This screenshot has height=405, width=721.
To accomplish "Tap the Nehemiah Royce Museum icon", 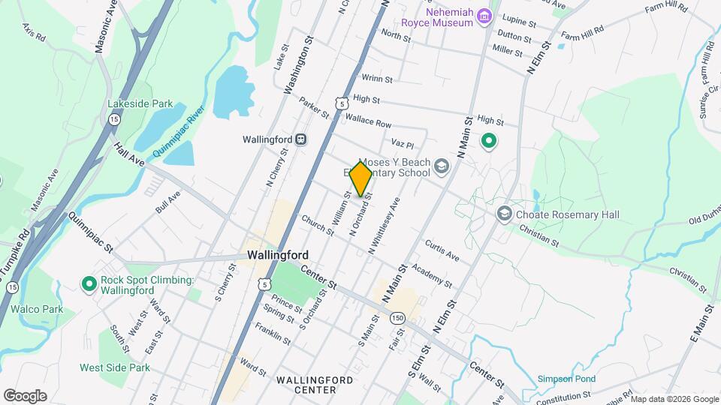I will (485, 16).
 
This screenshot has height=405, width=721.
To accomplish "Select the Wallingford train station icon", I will (300, 139).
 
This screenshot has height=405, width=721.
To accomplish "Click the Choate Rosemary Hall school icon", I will (504, 214).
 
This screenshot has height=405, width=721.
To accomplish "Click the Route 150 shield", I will (397, 318).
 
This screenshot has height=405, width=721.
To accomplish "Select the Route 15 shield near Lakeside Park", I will (114, 119).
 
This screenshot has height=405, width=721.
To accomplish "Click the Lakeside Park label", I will (140, 103).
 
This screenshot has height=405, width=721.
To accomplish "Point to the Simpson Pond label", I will (565, 379).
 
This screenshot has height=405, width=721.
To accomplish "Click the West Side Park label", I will (115, 367).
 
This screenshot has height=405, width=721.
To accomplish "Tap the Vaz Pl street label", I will (403, 142).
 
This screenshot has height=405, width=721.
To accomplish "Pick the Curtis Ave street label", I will (442, 250).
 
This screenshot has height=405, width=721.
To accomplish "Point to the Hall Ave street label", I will (128, 155).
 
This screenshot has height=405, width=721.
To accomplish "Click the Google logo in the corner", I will (25, 396).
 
